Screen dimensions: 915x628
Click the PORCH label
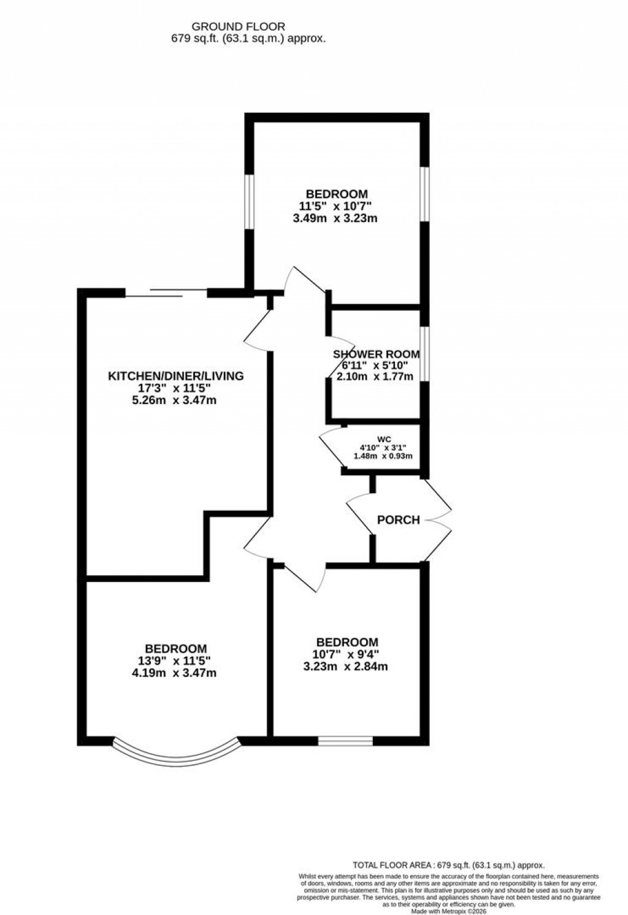coord(398,520)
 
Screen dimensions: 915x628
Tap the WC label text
coord(384,439)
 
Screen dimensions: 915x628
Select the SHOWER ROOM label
coord(376,354)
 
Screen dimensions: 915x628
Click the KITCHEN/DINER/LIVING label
coord(176,376)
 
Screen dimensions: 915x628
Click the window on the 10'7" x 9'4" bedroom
coord(345,741)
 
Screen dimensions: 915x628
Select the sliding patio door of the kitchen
coord(166,293)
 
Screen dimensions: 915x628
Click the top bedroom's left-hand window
coord(250,202)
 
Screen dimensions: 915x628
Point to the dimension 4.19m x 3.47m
coord(175,673)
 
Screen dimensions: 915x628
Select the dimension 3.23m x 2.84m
coord(345,667)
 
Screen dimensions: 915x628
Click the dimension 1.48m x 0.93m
coord(383,456)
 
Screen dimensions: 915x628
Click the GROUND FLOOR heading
coord(239,26)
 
